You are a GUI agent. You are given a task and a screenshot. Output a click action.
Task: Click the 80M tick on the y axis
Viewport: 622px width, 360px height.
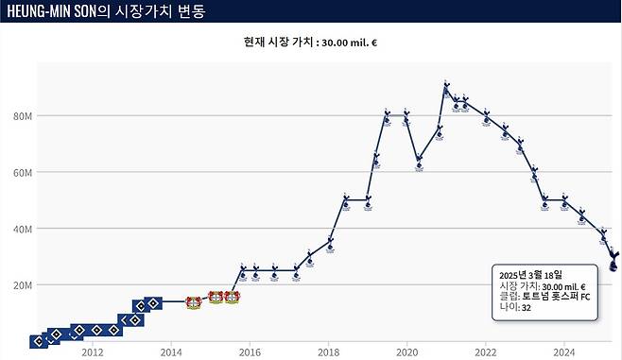pyautogui.click(x=23, y=116)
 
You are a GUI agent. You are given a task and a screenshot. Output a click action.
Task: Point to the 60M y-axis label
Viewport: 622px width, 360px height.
pyautogui.click(x=23, y=173)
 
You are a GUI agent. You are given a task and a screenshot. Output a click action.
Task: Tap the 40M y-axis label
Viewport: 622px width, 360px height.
pyautogui.click(x=23, y=229)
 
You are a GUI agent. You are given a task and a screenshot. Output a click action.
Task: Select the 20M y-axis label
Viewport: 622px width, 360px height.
pyautogui.click(x=23, y=285)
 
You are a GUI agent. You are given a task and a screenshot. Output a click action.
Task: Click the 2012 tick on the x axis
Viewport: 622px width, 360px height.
pyautogui.click(x=93, y=352)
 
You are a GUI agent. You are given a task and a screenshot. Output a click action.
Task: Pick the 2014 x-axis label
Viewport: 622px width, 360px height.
pyautogui.click(x=171, y=352)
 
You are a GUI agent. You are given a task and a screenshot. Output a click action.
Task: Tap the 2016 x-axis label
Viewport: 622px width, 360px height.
pyautogui.click(x=250, y=352)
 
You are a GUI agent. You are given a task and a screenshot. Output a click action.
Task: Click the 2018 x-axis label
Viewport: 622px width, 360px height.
pyautogui.click(x=328, y=352)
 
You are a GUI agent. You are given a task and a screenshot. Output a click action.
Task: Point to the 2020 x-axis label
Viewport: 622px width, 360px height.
pyautogui.click(x=407, y=352)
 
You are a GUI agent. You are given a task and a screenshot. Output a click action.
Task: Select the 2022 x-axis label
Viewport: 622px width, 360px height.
pyautogui.click(x=486, y=352)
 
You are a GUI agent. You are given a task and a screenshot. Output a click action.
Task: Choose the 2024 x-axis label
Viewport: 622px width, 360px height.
pyautogui.click(x=564, y=352)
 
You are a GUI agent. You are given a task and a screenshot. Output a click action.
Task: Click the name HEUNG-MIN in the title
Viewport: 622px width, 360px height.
pyautogui.click(x=39, y=11)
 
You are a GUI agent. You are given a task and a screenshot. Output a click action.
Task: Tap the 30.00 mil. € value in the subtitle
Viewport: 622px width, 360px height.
pyautogui.click(x=349, y=43)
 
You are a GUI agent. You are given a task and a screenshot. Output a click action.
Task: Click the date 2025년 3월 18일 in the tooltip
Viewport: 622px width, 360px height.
pyautogui.click(x=530, y=275)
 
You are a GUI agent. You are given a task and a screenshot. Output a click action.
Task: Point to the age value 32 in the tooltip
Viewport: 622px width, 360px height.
pyautogui.click(x=526, y=308)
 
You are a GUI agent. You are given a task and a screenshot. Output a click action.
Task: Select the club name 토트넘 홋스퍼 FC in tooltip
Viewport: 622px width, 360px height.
pyautogui.click(x=556, y=297)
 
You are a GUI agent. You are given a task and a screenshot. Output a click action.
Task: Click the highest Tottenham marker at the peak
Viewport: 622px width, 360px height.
pyautogui.click(x=447, y=89)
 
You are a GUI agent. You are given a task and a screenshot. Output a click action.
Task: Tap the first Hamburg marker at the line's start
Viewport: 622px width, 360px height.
pyautogui.click(x=39, y=341)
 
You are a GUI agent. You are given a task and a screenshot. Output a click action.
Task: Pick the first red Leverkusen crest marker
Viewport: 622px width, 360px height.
pyautogui.click(x=194, y=302)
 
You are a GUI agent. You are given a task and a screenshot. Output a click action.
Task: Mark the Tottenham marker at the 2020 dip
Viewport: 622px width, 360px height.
pyautogui.click(x=420, y=163)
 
